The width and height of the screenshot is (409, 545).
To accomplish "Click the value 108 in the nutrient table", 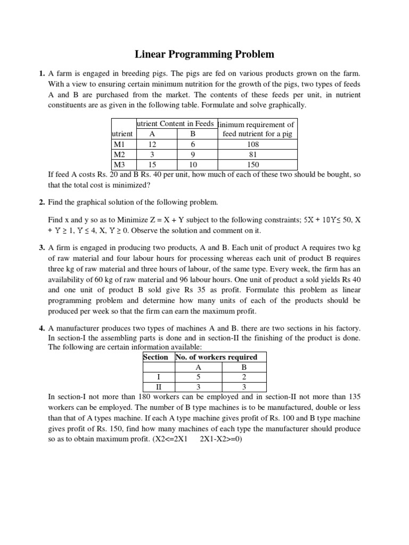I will (x=257, y=144).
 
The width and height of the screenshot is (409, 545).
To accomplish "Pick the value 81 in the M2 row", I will (x=257, y=154).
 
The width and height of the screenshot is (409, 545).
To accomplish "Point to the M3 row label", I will (x=119, y=164).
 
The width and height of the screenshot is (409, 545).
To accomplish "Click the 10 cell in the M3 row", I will (x=193, y=164).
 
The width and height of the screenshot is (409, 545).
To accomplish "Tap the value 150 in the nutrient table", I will (x=257, y=164).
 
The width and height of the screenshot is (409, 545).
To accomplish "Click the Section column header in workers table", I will (x=156, y=357).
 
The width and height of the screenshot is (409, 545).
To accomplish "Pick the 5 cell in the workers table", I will (x=198, y=377).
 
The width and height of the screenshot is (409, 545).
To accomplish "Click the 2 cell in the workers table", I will (x=244, y=377).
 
